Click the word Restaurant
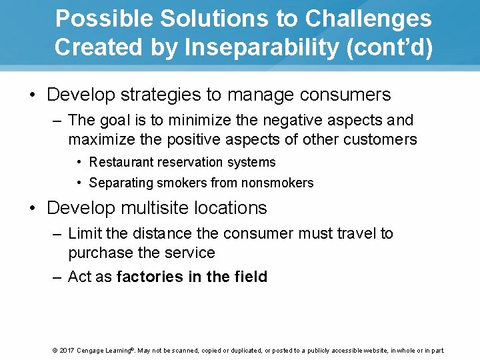(x=121, y=163)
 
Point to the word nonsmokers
(x=279, y=183)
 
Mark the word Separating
(x=119, y=183)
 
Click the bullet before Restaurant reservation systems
(x=79, y=163)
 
